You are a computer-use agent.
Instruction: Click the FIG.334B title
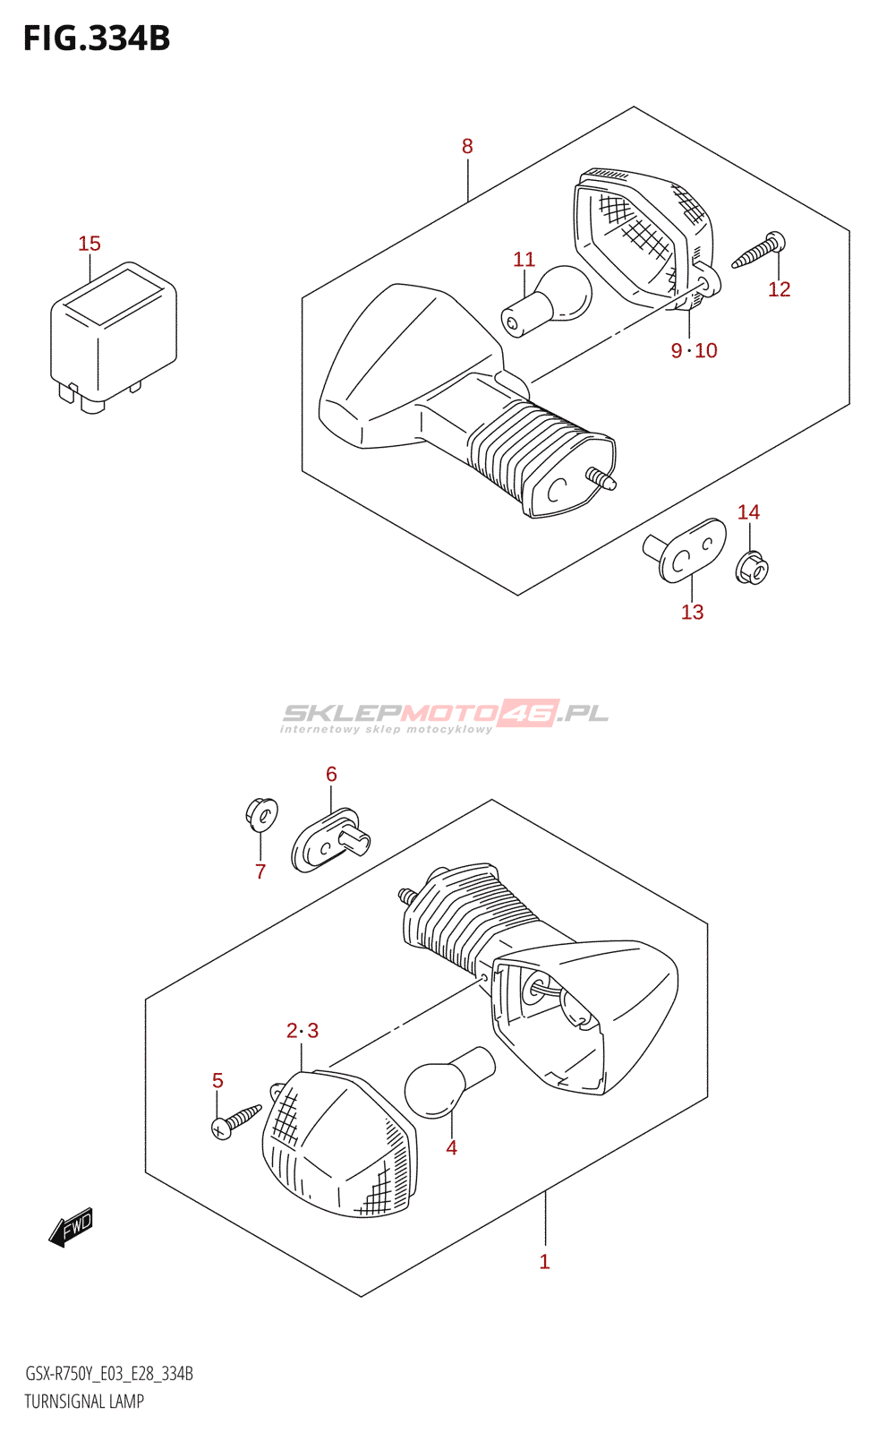(97, 39)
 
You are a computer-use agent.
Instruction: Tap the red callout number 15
(89, 244)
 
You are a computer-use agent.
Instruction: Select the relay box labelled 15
(114, 337)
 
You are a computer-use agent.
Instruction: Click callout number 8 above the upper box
(467, 147)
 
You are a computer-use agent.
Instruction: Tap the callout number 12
(780, 289)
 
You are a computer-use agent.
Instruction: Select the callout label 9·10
(695, 350)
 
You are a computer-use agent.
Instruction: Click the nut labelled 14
(752, 567)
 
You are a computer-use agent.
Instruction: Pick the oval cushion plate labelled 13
(685, 550)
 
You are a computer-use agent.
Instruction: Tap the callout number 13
(693, 613)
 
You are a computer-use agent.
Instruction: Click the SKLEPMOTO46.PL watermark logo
(445, 716)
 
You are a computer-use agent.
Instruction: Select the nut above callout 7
(261, 814)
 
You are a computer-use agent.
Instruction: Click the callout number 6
(331, 774)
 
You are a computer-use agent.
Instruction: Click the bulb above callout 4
(450, 1082)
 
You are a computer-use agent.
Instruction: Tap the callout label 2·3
(303, 1031)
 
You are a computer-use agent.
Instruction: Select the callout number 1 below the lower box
(545, 1262)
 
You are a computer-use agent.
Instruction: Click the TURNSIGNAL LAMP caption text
(84, 1402)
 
